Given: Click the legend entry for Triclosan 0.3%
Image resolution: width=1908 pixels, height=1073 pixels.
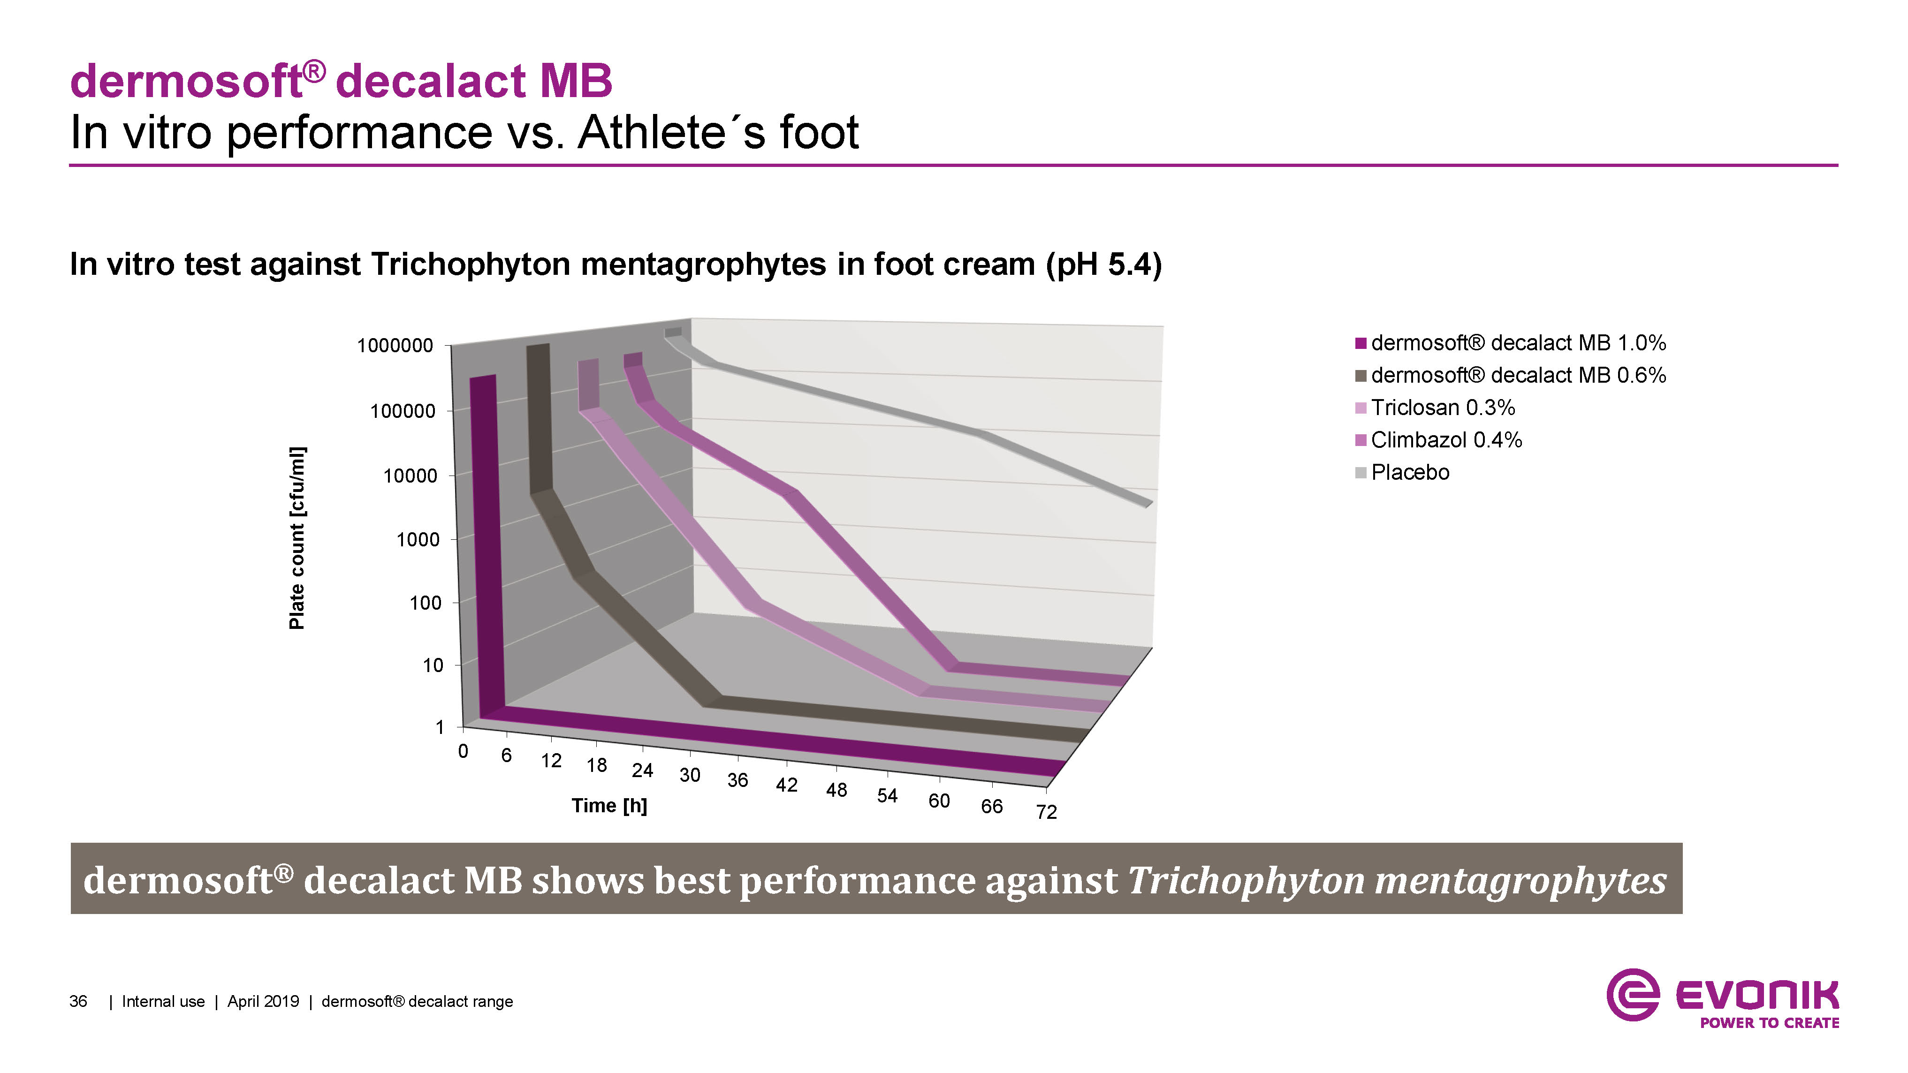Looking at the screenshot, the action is point(1435,407).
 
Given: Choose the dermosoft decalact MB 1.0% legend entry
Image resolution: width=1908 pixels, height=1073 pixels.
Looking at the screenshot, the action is point(1510,343).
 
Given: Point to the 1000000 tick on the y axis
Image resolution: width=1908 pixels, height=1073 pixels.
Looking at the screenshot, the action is point(395,346).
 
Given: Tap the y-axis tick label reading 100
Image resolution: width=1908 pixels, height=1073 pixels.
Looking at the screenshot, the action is point(425,603).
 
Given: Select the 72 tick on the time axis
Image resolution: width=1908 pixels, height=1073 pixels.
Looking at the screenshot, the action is point(1046,812).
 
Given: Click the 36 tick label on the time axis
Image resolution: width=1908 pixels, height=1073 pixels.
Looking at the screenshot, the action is point(737,780).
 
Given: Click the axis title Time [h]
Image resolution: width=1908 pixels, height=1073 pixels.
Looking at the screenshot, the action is point(609,806).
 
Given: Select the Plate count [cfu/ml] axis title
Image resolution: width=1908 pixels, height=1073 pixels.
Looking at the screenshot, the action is point(297,538).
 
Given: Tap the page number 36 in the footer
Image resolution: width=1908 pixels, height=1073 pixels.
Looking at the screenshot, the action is point(78,1002).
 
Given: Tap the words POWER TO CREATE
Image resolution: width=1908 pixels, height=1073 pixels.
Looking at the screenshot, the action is point(1770,1023).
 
